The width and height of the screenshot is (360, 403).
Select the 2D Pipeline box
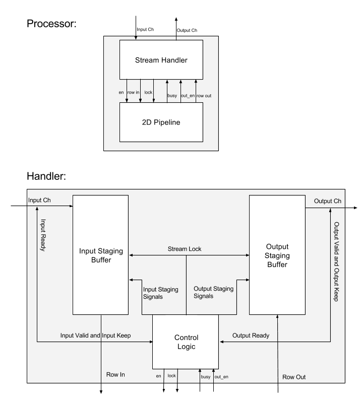pyautogui.click(x=161, y=122)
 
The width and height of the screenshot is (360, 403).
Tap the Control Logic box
pyautogui.click(x=186, y=342)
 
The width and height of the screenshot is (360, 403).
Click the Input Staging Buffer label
pyautogui.click(x=101, y=255)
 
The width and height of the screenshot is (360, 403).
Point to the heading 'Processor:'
pyautogui.click(x=51, y=24)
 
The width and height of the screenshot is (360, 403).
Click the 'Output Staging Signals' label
pyautogui.click(x=212, y=293)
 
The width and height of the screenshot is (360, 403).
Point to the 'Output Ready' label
pyautogui.click(x=251, y=335)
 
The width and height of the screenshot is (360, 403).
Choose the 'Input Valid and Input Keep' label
pyautogui.click(x=96, y=335)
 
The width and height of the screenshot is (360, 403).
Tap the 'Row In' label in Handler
pyautogui.click(x=115, y=375)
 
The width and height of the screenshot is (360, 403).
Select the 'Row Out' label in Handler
pyautogui.click(x=294, y=376)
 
